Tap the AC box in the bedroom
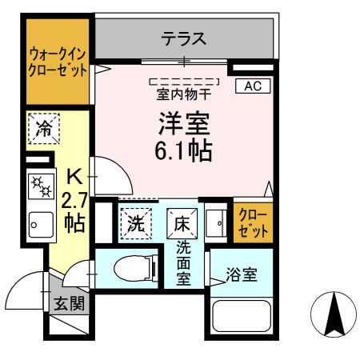252,86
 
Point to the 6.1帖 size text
183,150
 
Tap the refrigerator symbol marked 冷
44,127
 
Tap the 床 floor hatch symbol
179,222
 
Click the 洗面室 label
183,263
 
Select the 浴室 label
241,274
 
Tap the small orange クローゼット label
253,223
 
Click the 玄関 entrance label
66,303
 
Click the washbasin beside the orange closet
214,222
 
